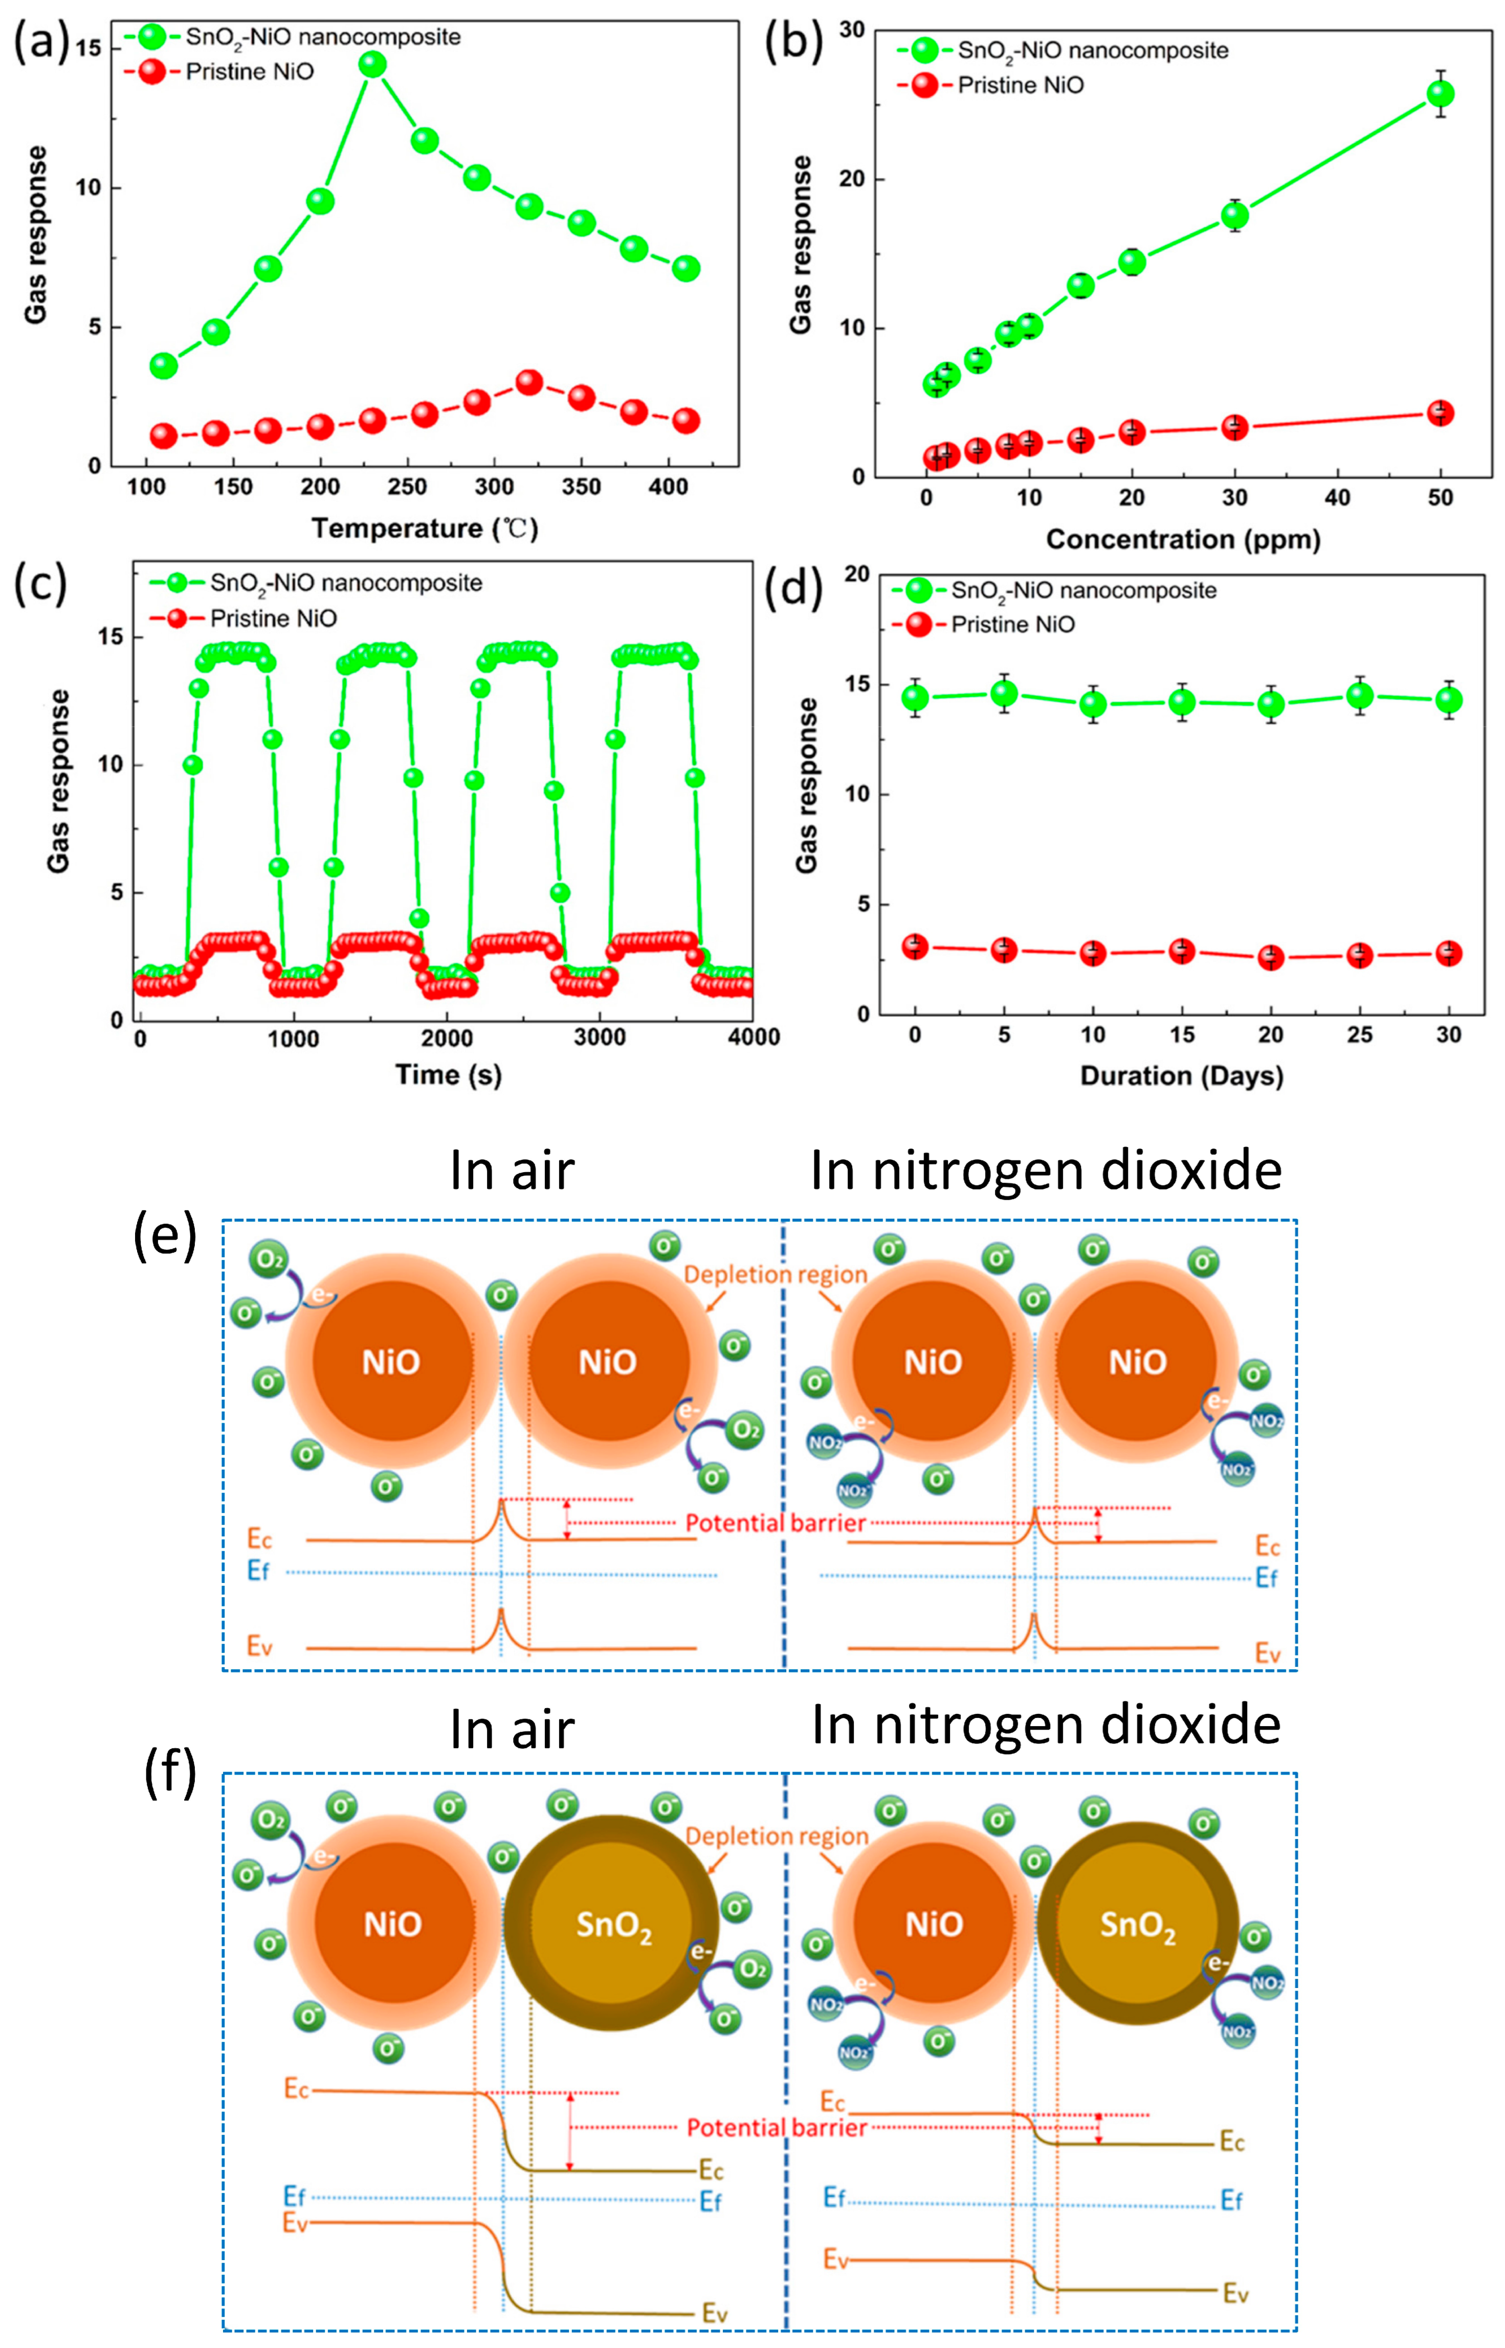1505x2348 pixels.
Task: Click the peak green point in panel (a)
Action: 372,64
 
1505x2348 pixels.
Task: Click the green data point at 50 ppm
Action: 1440,94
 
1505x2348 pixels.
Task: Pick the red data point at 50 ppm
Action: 1440,413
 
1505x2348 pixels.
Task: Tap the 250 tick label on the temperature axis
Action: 408,486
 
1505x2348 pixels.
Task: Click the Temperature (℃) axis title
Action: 424,529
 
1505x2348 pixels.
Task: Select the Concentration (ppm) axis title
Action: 1183,540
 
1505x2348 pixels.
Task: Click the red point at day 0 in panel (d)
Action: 915,946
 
